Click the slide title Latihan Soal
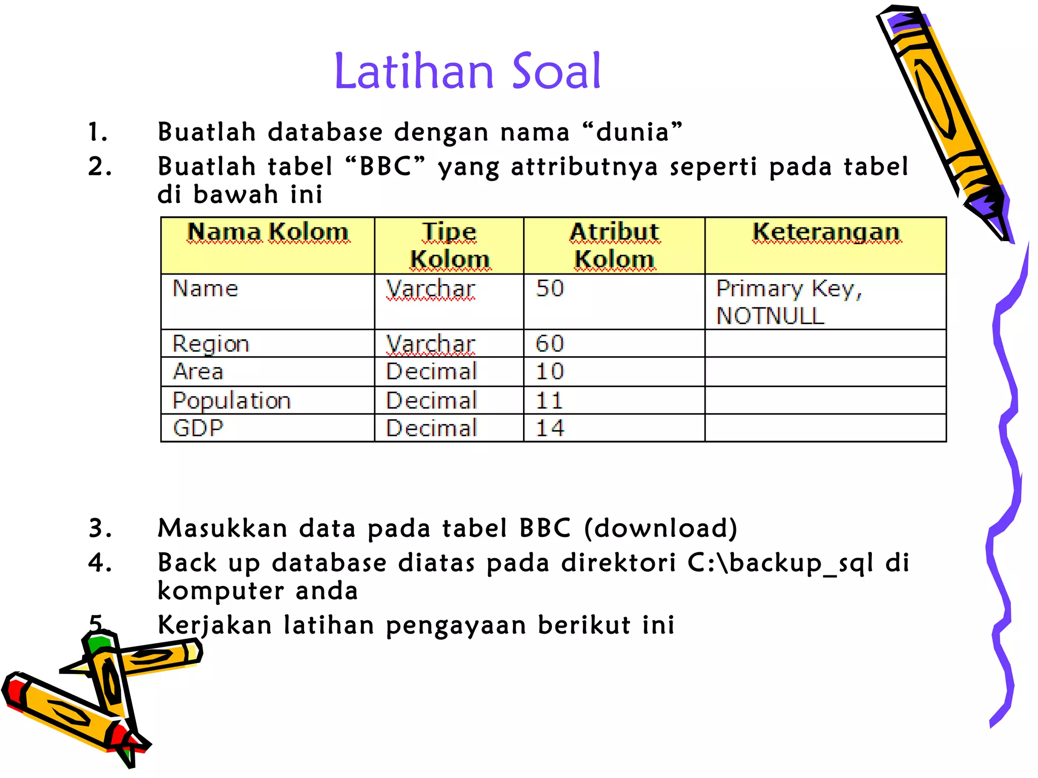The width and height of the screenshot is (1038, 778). pos(467,71)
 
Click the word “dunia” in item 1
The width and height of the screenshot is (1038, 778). pos(632,132)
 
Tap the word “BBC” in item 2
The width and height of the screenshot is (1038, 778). pos(385,167)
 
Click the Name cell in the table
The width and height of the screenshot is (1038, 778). pos(205,289)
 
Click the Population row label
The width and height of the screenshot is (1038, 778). pos(232,401)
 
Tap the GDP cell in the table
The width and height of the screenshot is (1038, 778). pos(198,428)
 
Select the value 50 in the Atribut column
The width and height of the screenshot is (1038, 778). pos(550,288)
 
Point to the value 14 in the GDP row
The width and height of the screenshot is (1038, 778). pos(550,428)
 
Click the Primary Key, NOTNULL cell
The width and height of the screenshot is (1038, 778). pos(789,302)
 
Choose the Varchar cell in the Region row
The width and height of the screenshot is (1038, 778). pos(431,344)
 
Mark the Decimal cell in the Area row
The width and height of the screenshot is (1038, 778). pos(432,371)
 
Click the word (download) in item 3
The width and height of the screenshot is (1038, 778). pos(660,528)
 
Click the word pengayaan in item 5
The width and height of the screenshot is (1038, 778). pos(456,626)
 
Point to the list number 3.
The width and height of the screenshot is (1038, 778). pos(99,528)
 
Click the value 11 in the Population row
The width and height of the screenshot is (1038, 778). pos(549,401)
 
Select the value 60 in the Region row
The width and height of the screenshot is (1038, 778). pos(550,344)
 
